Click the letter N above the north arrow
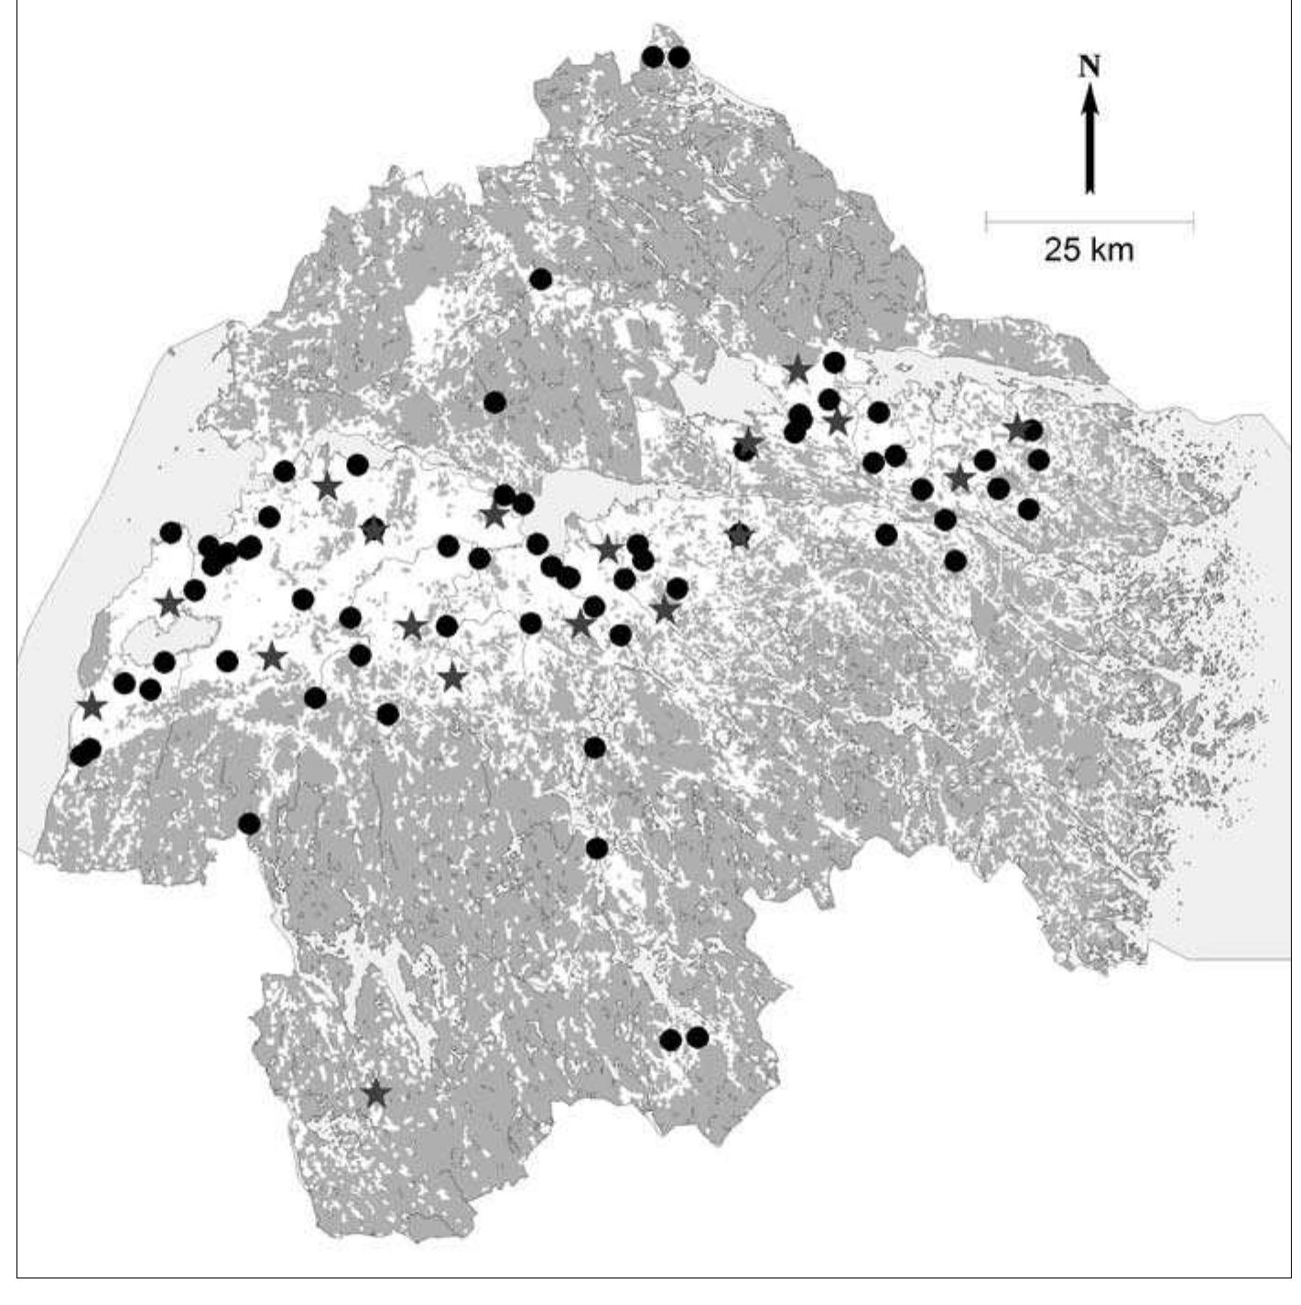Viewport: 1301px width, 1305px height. (x=1089, y=66)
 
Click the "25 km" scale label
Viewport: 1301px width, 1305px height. (x=1089, y=249)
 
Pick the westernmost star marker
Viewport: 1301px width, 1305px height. (x=92, y=706)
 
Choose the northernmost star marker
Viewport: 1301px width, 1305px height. (x=797, y=369)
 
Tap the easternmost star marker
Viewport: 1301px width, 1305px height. (x=1017, y=428)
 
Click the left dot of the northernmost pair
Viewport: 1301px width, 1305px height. (x=653, y=57)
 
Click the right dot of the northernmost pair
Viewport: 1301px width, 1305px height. (x=678, y=57)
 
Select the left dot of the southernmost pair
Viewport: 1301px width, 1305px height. (x=671, y=1039)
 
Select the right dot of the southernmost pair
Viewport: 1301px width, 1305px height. (x=698, y=1037)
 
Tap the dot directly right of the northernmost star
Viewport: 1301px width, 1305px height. (x=833, y=363)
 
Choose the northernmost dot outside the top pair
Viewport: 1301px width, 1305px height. (x=541, y=279)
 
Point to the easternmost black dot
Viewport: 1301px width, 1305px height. (x=1038, y=459)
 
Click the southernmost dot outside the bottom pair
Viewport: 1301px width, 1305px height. (x=597, y=848)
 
